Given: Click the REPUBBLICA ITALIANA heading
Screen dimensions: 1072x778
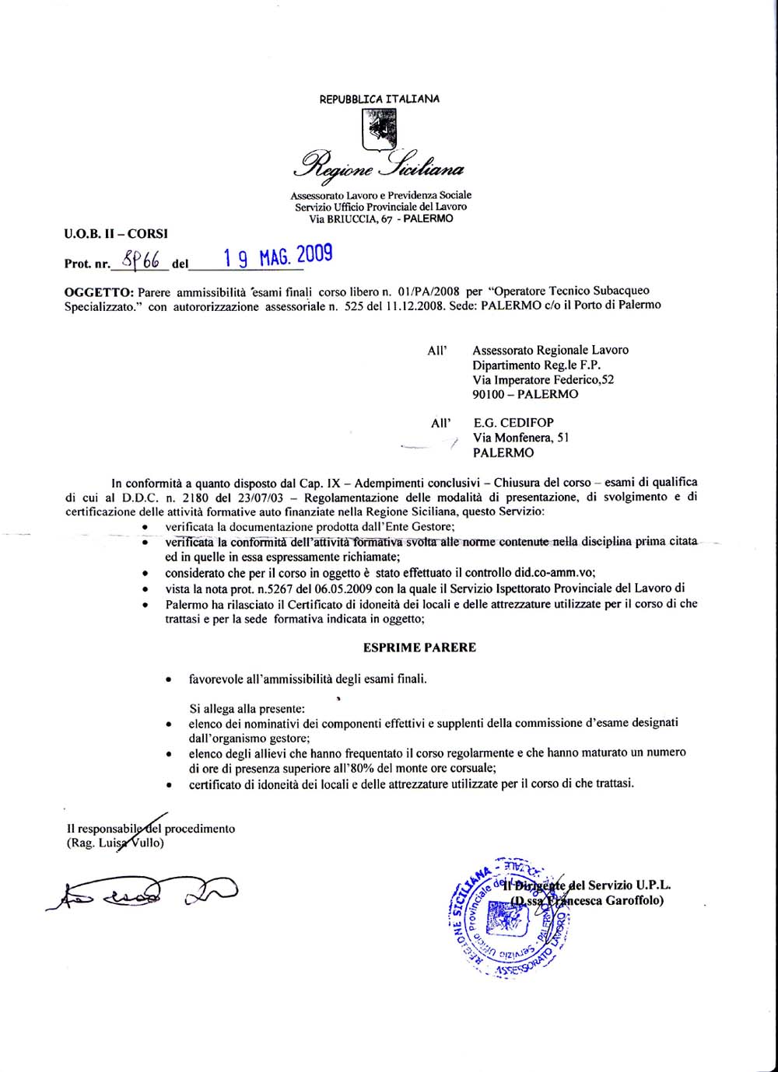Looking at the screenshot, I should point(380,99).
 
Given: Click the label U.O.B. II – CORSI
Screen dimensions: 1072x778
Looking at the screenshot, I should point(116,232).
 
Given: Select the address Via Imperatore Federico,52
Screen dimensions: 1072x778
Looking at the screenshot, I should point(543,379).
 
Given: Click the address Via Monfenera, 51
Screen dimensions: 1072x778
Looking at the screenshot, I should point(520,438).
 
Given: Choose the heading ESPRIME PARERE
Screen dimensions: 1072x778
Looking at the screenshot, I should point(419,647).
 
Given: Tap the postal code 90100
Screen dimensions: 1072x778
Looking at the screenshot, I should point(489,394).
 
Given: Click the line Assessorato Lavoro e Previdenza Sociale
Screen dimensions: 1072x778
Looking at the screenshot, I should point(380,194).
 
